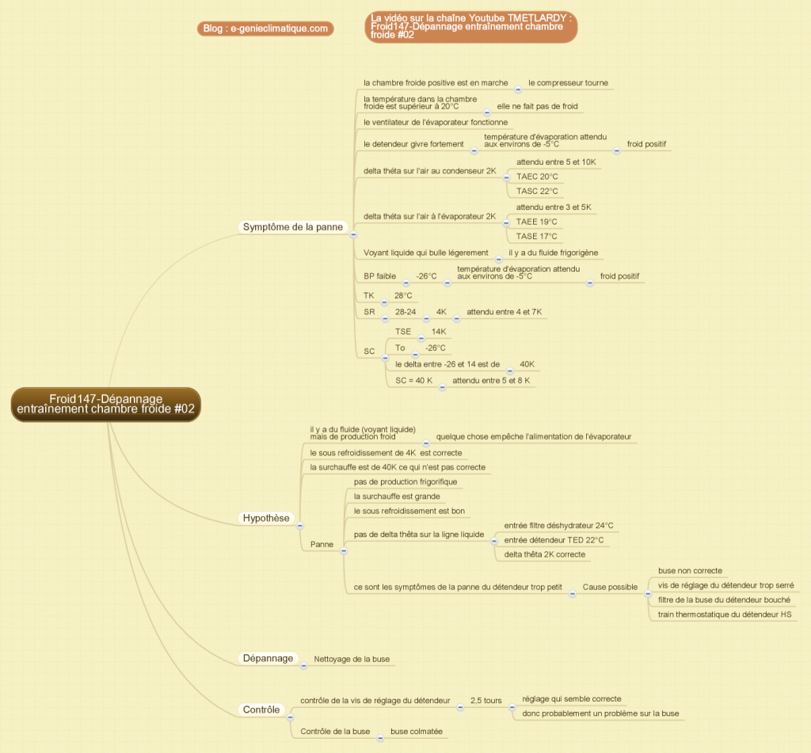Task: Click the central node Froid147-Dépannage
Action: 106,405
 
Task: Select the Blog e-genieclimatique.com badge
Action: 265,29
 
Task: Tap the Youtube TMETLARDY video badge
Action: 470,26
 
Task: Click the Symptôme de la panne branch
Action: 293,227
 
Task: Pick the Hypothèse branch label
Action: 266,518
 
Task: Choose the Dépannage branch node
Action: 268,658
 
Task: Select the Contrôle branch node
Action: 261,709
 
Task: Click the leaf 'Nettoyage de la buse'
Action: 352,659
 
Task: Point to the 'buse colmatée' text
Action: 417,732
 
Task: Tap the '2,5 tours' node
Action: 486,700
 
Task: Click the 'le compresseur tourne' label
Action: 568,83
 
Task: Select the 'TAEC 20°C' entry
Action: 537,177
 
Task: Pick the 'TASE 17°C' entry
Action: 536,236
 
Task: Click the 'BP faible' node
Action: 379,276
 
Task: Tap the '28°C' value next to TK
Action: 403,296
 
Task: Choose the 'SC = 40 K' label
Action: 413,381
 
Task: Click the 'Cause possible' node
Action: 610,587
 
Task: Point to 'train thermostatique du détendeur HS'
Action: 725,614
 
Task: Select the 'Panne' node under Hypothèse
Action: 322,544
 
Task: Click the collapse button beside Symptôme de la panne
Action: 354,234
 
